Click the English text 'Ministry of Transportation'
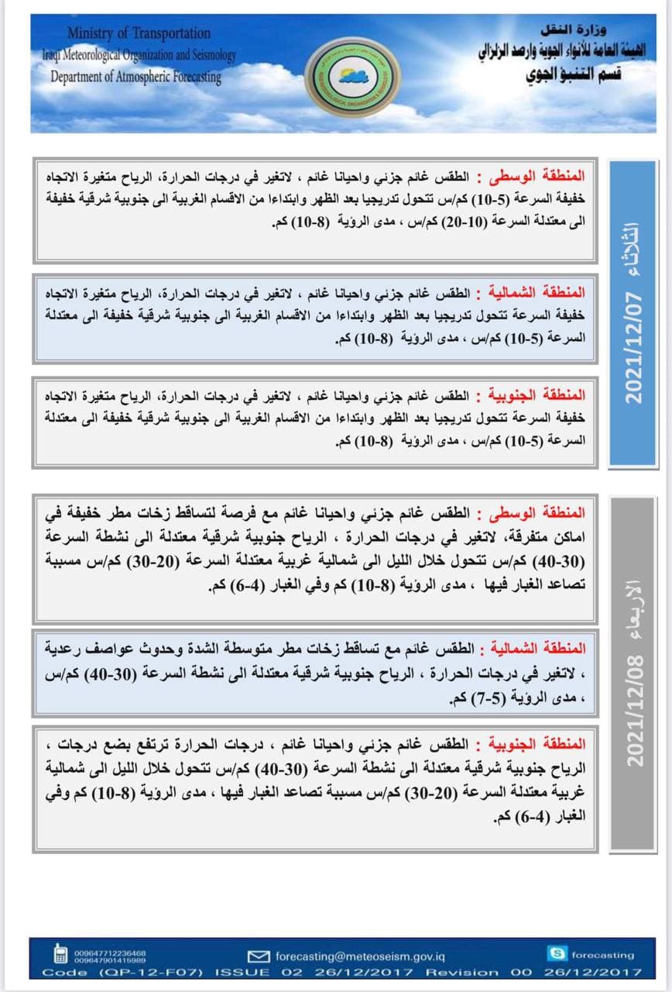[x=139, y=33]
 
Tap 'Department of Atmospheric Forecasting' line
[x=135, y=77]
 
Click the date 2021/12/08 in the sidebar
[x=633, y=711]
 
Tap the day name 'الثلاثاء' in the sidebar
[x=628, y=246]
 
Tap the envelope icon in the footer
[x=259, y=956]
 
